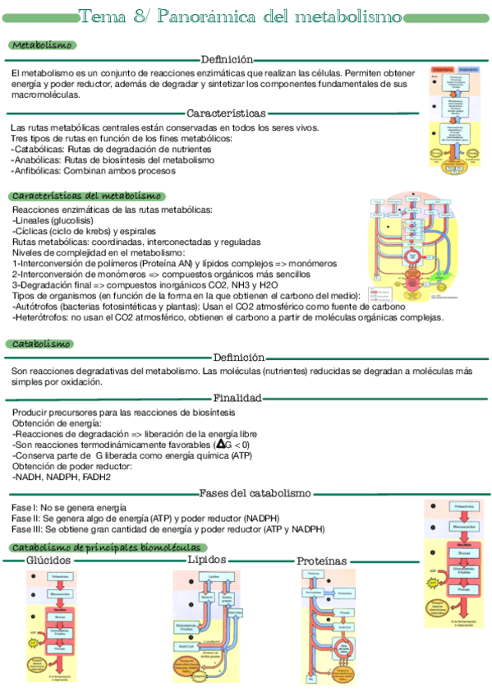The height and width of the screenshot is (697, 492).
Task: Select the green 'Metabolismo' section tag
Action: click(42, 45)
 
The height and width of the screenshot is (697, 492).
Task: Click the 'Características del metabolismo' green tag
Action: click(86, 196)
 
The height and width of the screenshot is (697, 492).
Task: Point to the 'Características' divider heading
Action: click(227, 113)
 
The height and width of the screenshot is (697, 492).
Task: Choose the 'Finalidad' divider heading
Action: click(238, 398)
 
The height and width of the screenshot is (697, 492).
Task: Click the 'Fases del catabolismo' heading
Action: click(255, 493)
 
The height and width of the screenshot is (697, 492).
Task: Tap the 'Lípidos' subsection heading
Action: click(206, 559)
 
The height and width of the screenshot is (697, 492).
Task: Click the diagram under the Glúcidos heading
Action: click(51, 625)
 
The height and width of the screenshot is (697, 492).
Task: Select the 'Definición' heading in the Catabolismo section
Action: click(238, 358)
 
